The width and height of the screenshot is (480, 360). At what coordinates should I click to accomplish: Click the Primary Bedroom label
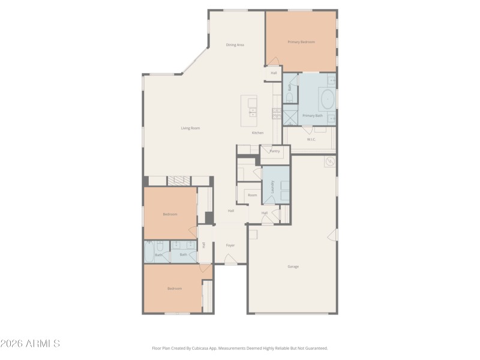[301, 42]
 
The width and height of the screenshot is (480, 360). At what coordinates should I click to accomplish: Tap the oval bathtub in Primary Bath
[328, 98]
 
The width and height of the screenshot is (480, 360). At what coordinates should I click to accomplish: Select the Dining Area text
[235, 45]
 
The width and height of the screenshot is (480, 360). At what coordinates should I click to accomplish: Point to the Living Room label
[190, 128]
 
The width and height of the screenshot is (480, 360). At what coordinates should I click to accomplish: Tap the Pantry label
[274, 151]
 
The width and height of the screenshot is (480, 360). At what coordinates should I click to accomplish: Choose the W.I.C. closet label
[311, 139]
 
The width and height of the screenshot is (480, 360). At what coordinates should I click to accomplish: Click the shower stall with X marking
[290, 115]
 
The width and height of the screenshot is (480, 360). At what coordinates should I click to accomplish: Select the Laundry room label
[273, 187]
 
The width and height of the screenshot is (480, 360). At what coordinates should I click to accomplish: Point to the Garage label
[293, 266]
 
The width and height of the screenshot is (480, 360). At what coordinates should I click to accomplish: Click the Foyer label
[230, 245]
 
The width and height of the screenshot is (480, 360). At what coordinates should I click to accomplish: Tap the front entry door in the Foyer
[230, 260]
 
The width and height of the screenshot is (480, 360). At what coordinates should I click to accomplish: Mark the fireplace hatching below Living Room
[178, 181]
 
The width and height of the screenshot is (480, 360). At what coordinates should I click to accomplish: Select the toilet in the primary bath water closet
[289, 96]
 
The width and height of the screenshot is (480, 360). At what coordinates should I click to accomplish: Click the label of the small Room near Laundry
[253, 195]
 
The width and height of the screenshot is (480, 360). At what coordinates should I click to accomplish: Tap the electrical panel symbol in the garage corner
[329, 161]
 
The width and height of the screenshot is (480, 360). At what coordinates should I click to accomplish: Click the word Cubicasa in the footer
[218, 348]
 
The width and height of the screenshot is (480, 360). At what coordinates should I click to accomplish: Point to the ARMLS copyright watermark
[30, 344]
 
